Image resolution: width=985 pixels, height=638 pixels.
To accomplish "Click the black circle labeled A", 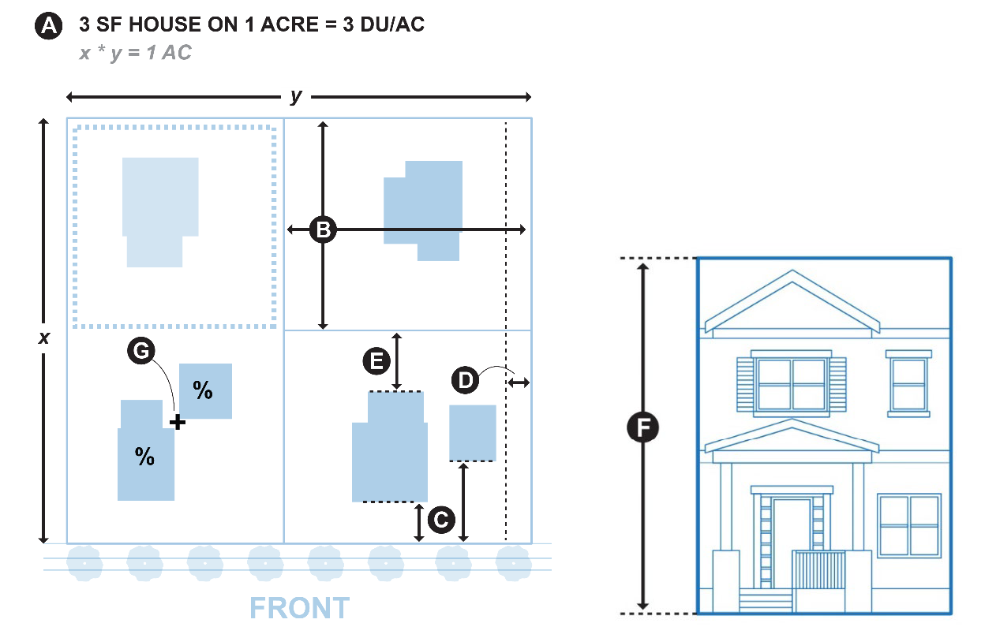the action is [x=49, y=26].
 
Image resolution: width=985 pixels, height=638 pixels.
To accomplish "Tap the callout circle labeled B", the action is [x=322, y=229].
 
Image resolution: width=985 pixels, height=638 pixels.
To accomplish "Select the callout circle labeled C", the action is [x=440, y=519].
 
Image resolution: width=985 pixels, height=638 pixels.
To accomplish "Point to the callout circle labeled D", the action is [x=466, y=381].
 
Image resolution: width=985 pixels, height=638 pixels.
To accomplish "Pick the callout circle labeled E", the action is [x=376, y=361].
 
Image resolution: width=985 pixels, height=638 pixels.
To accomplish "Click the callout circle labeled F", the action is [x=643, y=428].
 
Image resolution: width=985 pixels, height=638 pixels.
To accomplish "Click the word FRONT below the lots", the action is [x=299, y=608].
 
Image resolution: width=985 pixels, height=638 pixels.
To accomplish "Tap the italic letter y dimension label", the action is [x=296, y=96].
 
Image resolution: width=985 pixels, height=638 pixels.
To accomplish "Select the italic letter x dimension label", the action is [x=44, y=338].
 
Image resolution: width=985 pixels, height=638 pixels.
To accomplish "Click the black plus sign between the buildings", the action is [x=178, y=423].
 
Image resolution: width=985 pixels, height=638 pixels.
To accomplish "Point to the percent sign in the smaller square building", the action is [x=204, y=390].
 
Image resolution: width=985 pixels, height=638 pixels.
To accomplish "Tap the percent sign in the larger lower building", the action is [x=144, y=456].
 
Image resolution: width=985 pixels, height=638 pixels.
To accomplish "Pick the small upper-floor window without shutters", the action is [x=908, y=383].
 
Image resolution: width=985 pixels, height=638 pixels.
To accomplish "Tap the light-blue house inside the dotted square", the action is [x=159, y=209].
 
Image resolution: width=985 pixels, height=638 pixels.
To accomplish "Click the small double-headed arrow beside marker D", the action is [x=519, y=382].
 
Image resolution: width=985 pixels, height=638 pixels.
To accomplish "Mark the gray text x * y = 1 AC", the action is [x=135, y=54].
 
